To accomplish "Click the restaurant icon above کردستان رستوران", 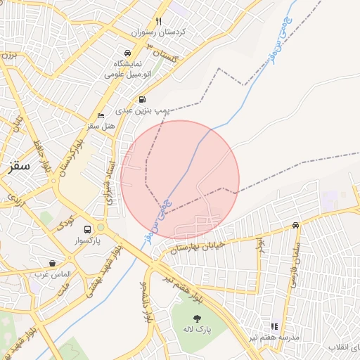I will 159,21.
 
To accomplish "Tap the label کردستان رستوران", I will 159,32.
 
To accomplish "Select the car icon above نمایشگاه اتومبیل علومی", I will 127,53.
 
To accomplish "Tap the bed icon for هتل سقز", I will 101,115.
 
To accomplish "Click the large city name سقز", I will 17,167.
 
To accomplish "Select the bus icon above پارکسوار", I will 88,229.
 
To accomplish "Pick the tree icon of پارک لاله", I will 196,317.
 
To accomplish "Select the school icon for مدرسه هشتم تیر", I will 274,326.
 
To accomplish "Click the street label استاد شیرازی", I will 109,181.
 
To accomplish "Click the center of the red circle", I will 180,180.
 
